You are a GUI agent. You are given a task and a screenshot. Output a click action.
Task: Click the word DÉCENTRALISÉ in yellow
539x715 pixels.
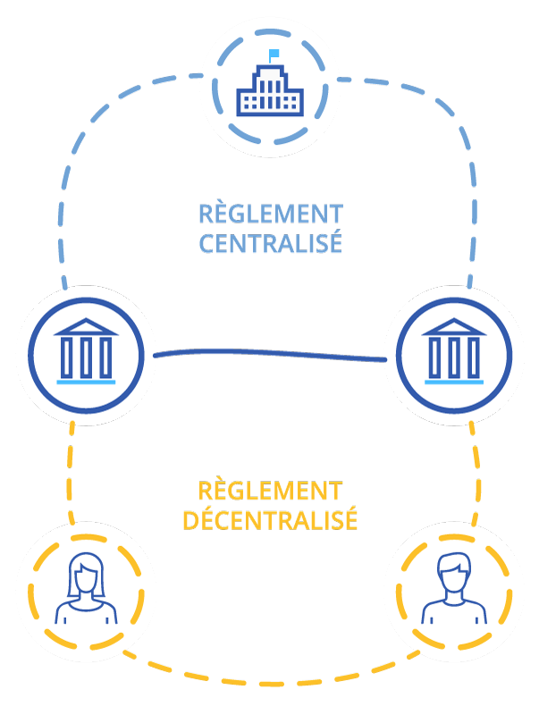pyautogui.click(x=270, y=520)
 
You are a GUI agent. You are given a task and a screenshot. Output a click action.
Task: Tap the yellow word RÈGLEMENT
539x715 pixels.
pyautogui.click(x=271, y=491)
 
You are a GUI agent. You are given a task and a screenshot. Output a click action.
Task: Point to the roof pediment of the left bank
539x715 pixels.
pyautogui.click(x=86, y=327)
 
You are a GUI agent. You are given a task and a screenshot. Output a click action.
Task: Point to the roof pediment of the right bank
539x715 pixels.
pyautogui.click(x=453, y=327)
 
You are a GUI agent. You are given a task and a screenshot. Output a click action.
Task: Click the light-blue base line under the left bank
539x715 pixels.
pyautogui.click(x=86, y=381)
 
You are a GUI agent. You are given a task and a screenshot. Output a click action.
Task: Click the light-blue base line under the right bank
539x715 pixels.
pyautogui.click(x=453, y=381)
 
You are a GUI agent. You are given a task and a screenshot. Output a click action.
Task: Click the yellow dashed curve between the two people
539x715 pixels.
pyautogui.click(x=270, y=685)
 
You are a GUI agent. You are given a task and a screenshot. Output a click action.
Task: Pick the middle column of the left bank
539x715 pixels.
pyautogui.click(x=86, y=357)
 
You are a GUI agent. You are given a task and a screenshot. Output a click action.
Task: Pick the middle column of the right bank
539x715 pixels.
pyautogui.click(x=453, y=357)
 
